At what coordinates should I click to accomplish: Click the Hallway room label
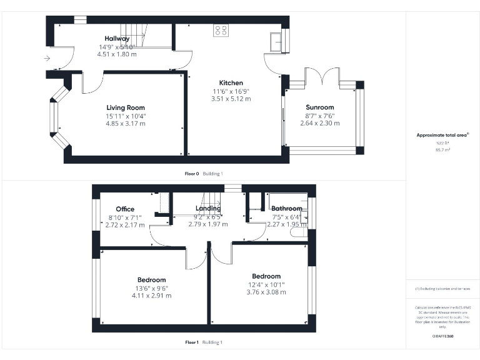click(117, 39)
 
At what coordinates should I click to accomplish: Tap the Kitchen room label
click(231, 83)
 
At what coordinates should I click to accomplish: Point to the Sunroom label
click(319, 107)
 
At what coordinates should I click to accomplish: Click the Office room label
click(125, 209)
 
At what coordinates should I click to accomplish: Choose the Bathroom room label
click(286, 209)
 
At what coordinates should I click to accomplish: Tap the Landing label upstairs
click(207, 209)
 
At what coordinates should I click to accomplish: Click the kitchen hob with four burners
click(221, 30)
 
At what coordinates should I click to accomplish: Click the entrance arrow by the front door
click(47, 59)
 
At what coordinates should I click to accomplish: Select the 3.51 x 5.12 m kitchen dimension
click(231, 99)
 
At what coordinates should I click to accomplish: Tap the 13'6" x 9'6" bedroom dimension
click(151, 288)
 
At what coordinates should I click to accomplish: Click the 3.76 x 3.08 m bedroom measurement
click(266, 292)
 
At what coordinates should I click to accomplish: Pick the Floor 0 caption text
click(191, 173)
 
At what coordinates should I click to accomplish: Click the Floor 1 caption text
click(191, 342)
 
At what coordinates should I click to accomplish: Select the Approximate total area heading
click(442, 135)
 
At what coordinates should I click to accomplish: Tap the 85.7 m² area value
click(442, 151)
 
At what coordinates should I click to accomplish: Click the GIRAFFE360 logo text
click(442, 337)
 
